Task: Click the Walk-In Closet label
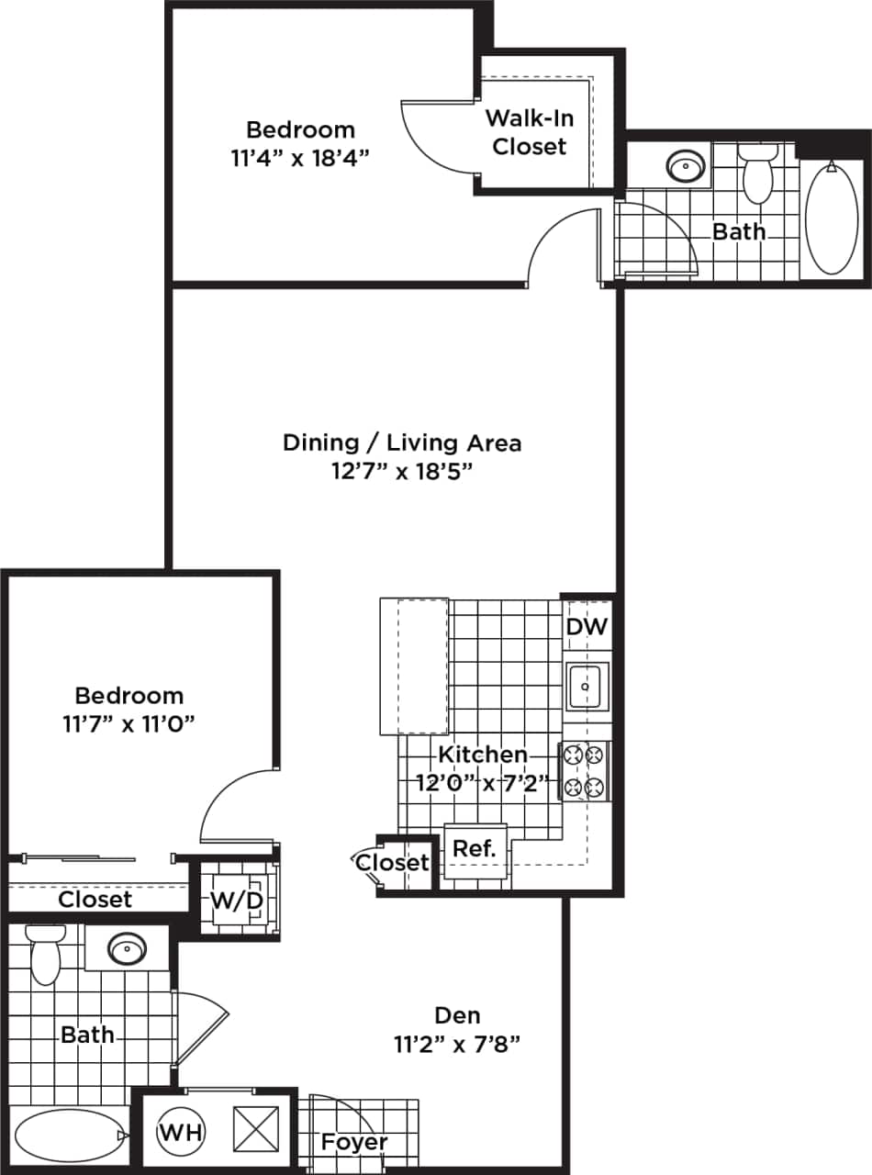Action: pos(529,132)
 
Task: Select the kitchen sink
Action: pos(585,686)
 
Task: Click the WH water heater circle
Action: pos(181,1130)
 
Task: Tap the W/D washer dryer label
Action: pos(237,901)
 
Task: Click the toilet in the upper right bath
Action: pos(759,174)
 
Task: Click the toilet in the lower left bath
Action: pos(44,955)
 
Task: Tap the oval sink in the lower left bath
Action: pos(128,948)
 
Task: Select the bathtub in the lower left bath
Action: pos(68,1136)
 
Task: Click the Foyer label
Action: pos(353,1142)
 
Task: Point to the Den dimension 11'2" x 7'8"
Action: pos(458,1044)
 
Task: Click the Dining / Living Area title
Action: pos(402,442)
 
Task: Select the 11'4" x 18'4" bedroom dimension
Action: pos(299,157)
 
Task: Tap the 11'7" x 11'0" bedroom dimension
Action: pos(129,723)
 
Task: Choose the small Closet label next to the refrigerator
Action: pos(392,863)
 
